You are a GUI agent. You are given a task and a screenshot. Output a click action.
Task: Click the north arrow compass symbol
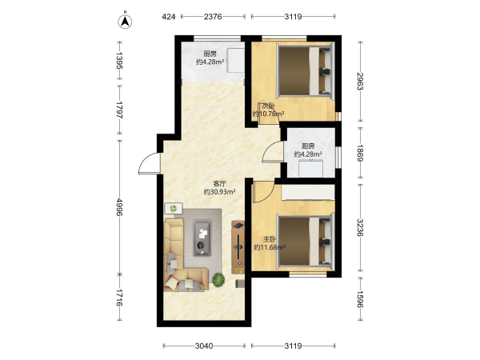click(125, 21)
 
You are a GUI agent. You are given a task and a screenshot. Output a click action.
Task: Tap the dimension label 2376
click(213, 17)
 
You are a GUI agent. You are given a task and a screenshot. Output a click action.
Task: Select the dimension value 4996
click(119, 207)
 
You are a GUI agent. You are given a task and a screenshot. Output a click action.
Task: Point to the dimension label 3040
click(204, 346)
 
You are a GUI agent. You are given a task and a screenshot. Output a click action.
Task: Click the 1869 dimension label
click(360, 153)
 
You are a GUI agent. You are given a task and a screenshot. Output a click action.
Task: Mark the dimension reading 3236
click(360, 227)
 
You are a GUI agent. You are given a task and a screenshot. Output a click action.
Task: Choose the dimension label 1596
click(360, 299)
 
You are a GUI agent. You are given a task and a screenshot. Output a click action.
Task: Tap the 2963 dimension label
click(360, 81)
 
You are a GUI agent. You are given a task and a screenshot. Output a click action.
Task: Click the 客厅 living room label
click(219, 184)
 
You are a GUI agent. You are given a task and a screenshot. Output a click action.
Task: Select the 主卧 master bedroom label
click(270, 239)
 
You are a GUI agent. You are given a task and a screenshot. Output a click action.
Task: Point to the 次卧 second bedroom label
click(268, 106)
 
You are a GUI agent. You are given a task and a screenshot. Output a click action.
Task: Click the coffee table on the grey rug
click(202, 238)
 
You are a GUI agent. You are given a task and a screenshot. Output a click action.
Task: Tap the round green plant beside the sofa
click(218, 279)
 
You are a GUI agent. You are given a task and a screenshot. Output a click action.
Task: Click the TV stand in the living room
click(238, 247)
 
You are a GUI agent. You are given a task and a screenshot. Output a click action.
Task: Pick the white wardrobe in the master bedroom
click(308, 192)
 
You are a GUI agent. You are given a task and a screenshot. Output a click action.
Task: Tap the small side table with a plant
click(174, 209)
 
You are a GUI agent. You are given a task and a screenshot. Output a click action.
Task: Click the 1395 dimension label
click(119, 61)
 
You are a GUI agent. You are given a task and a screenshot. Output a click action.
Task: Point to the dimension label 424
click(169, 17)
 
